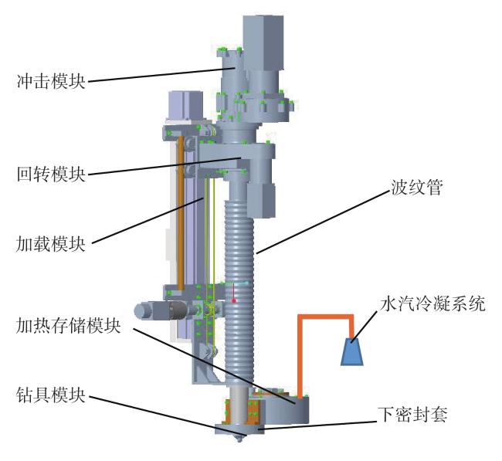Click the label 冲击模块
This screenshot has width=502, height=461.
pos(51,81)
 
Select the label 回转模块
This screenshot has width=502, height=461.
pos(51,175)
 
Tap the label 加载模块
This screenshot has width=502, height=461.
pos(51,244)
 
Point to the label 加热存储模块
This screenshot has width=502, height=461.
pos(68,326)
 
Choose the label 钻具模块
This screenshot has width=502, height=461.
pos(51,395)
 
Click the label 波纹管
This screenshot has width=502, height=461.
pos(416,187)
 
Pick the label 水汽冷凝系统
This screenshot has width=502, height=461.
pos(432,303)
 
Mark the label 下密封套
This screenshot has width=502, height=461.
pos(412,415)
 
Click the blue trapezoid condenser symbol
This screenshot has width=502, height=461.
pos(352,352)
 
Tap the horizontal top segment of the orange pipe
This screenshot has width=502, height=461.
pos(326,317)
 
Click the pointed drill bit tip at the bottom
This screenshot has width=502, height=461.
pos(239,440)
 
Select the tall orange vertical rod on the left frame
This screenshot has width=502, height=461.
pos(181,213)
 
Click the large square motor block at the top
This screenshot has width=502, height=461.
pos(263,42)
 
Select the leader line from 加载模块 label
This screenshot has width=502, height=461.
pos(147,221)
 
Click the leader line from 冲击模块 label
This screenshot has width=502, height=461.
pos(162,74)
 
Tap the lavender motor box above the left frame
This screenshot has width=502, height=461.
pos(185,106)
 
